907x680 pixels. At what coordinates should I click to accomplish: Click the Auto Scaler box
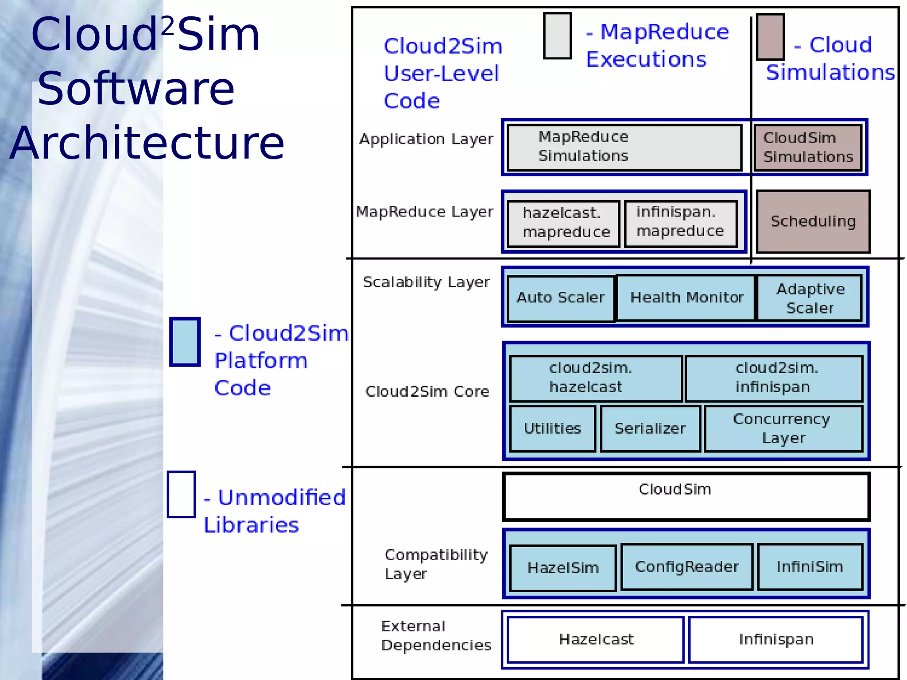pos(561,298)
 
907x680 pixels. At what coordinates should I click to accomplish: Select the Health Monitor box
pos(686,297)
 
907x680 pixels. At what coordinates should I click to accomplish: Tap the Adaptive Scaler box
pos(810,298)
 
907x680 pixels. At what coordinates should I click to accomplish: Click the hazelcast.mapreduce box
pos(563,223)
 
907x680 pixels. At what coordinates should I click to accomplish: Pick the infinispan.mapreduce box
pos(681,223)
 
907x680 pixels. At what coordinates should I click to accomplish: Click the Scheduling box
pos(813,221)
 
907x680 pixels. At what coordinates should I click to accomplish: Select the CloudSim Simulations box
pos(808,147)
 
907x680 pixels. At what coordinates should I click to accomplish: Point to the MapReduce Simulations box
pos(624,147)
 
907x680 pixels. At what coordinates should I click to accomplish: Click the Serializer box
pos(650,429)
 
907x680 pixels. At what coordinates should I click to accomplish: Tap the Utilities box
pos(552,429)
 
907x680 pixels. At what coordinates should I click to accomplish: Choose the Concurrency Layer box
pos(783,429)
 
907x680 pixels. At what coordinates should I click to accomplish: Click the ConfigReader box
pos(687,567)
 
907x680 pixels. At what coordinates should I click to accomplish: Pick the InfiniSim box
pos(810,567)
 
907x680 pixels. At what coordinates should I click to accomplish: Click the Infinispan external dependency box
pos(776,639)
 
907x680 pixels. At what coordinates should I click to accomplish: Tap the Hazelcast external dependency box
pos(596,639)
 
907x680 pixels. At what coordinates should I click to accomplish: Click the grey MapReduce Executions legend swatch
pos(557,36)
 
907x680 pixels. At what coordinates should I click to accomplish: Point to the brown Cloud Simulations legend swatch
pos(770,37)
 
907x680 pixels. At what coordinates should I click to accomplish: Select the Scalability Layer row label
pos(426,282)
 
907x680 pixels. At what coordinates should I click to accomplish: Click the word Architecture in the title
pos(147,143)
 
